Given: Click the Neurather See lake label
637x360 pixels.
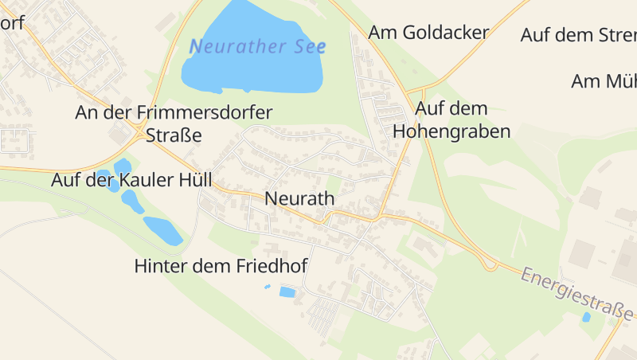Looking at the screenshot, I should [x=257, y=46].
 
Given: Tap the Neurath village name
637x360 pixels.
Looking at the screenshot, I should [x=299, y=198].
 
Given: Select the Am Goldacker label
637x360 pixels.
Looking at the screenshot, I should [x=428, y=33].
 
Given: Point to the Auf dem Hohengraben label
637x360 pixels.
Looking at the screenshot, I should [x=451, y=119].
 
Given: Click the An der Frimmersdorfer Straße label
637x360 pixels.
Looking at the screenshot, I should [x=174, y=123].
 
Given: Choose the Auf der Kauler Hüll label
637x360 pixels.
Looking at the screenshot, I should [x=132, y=179].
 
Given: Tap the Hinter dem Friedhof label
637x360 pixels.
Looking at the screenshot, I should [x=221, y=266].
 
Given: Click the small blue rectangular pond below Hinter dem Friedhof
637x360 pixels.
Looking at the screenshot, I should [x=287, y=292].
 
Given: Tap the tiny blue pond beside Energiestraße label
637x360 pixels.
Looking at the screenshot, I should [x=587, y=317].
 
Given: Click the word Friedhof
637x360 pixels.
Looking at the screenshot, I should [x=268, y=266].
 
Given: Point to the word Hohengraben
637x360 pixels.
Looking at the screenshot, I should [x=451, y=131].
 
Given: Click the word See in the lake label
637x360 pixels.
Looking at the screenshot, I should [x=309, y=46].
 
